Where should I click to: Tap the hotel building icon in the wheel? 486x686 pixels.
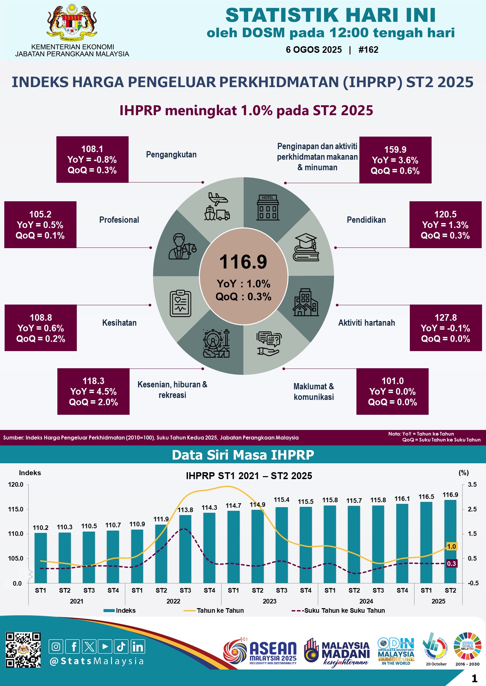click(x=268, y=208)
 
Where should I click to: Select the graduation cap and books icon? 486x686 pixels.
click(x=306, y=247)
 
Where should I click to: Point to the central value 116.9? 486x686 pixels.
click(x=243, y=262)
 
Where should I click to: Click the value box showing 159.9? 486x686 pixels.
click(x=395, y=160)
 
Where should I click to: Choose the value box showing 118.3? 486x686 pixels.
click(x=93, y=391)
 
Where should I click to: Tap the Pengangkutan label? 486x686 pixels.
click(x=171, y=154)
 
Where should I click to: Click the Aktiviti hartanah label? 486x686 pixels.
click(x=366, y=323)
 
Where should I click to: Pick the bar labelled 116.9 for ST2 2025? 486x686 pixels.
click(x=450, y=541)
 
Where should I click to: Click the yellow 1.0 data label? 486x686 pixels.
click(x=451, y=546)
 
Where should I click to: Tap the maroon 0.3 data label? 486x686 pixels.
click(x=451, y=564)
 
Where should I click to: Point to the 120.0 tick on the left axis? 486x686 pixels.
click(x=16, y=485)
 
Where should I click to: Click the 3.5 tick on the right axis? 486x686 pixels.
click(x=472, y=485)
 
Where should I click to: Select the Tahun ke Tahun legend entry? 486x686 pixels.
click(x=220, y=610)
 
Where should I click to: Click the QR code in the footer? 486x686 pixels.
click(x=23, y=650)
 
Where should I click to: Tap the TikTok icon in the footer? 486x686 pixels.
click(x=121, y=646)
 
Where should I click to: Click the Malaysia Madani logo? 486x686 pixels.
click(x=336, y=652)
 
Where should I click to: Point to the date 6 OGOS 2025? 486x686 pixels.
click(x=314, y=50)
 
